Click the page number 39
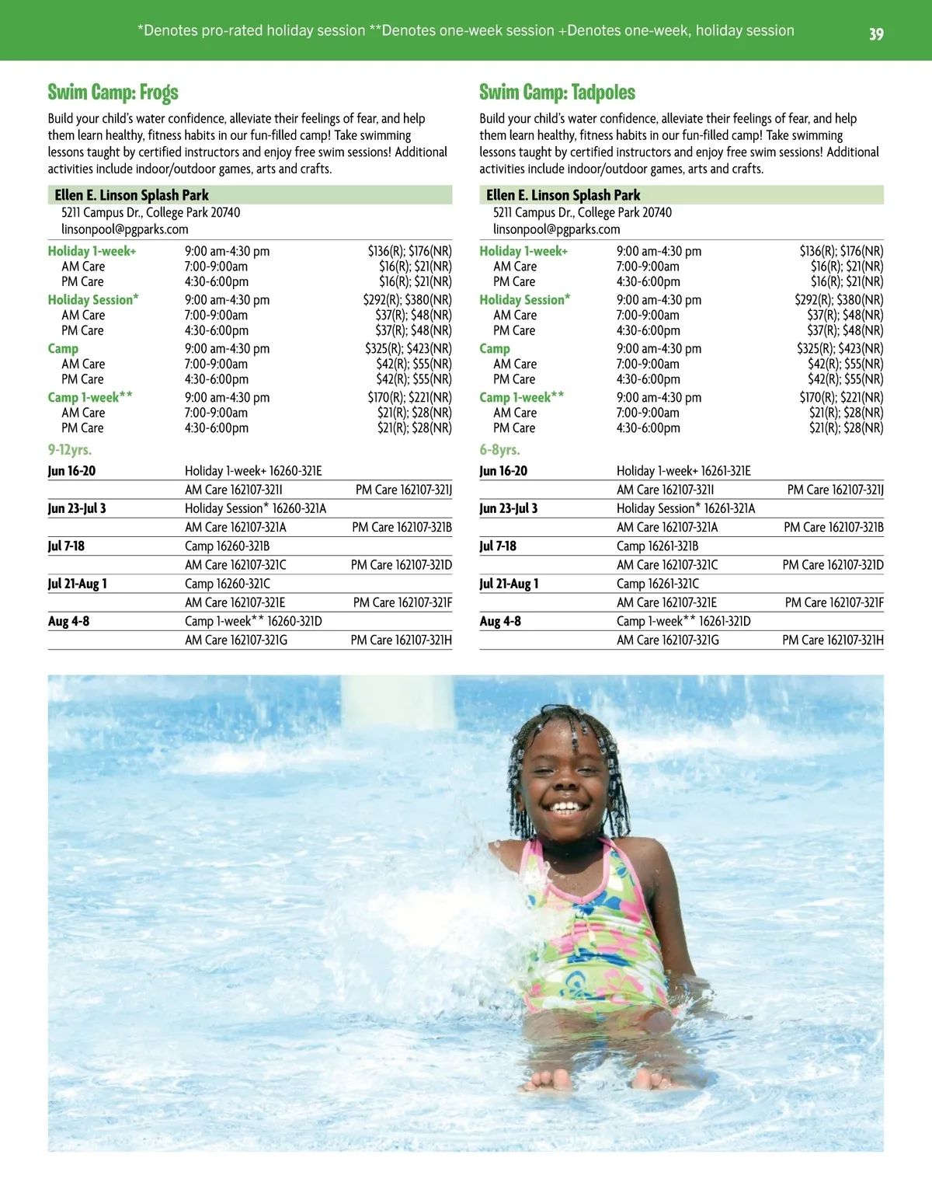coord(876,34)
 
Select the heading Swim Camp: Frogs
coord(113,92)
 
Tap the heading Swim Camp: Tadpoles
coord(557,92)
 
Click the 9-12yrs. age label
coord(70,450)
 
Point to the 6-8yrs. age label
coord(499,450)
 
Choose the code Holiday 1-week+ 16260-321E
coord(253,471)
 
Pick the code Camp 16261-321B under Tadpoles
coord(657,546)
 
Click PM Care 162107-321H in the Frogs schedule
coord(401,640)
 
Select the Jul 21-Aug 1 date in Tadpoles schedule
coord(509,584)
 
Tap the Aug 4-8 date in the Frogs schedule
coord(68,621)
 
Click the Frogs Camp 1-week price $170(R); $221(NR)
coord(409,397)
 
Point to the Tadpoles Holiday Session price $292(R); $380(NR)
coord(839,300)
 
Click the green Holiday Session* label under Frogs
coord(93,300)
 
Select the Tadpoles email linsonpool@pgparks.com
coord(556,229)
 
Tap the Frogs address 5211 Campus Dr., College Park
coord(151,212)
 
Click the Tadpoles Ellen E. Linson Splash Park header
coord(563,195)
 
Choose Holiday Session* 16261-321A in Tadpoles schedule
coord(685,508)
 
